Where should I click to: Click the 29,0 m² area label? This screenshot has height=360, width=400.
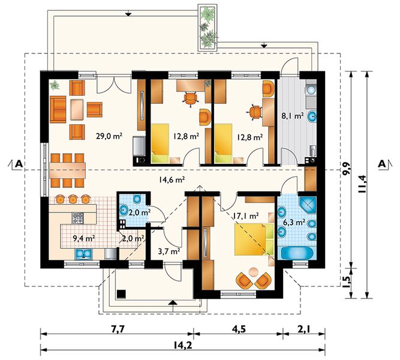[x=109, y=136]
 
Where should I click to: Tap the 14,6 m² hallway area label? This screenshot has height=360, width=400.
[x=172, y=180]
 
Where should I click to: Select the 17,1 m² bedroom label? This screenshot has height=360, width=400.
[x=246, y=216]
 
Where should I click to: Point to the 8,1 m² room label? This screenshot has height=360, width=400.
[x=292, y=116]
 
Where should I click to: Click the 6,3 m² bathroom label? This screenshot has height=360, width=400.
[x=294, y=223]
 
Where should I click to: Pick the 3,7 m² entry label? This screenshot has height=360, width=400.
[x=169, y=252]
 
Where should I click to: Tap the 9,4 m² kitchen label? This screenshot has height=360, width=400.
[x=84, y=238]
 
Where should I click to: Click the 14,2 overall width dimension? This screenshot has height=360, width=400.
[x=183, y=346]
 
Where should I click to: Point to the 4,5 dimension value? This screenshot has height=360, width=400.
[x=239, y=329]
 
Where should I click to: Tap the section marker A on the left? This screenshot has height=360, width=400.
[x=18, y=164]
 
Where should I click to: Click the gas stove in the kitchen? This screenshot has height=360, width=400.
[x=77, y=218]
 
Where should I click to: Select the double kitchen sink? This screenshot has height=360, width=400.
[x=83, y=254]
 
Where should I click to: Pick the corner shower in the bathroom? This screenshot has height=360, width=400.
[x=308, y=205]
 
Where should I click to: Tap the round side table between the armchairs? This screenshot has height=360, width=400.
[x=253, y=272]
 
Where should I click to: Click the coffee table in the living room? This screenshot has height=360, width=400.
[x=77, y=110]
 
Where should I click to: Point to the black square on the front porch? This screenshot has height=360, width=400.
[x=121, y=294]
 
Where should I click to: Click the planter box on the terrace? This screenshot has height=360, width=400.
[x=208, y=28]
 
